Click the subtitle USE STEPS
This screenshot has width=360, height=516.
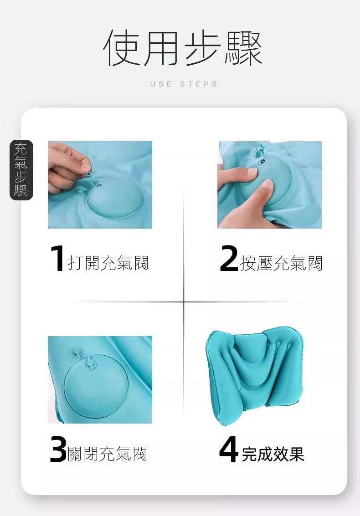click(x=184, y=84)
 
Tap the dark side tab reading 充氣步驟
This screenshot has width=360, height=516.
click(x=21, y=170)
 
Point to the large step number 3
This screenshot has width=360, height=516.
click(x=58, y=450)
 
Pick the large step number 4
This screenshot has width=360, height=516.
click(x=229, y=449)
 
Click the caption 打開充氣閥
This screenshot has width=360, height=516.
click(x=108, y=263)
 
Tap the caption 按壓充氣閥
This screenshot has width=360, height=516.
click(x=281, y=263)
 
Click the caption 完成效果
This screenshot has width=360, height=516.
click(x=273, y=454)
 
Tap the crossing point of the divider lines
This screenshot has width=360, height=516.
click(x=184, y=301)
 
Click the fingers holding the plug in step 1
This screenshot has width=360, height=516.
click(x=67, y=164)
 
